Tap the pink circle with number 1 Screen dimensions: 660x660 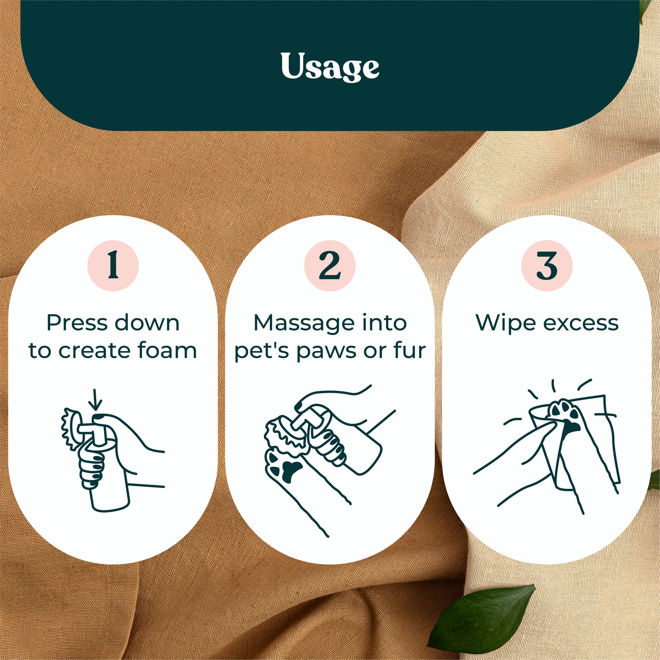pos(113,266)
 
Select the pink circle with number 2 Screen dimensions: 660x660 pos(330,266)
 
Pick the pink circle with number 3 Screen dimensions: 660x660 pos(547,266)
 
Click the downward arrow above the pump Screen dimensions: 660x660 pos(95,400)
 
